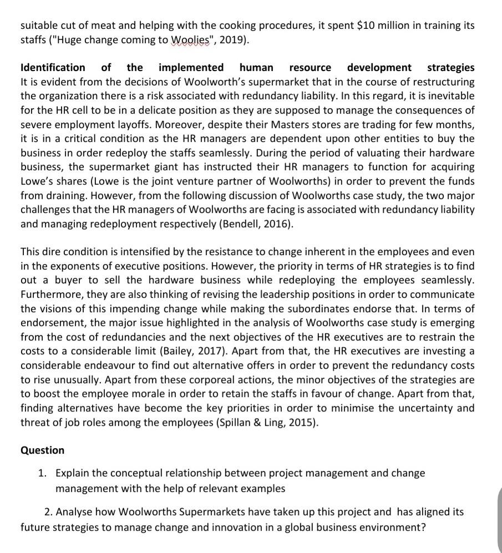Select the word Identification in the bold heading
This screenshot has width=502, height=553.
click(53, 68)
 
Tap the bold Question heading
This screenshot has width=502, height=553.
click(42, 450)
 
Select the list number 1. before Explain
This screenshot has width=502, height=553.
click(43, 473)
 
